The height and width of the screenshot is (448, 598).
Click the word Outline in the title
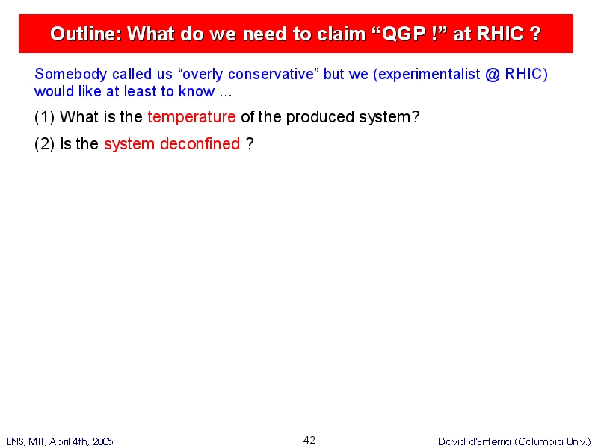tap(86, 34)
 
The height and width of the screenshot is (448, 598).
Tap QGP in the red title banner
tap(404, 34)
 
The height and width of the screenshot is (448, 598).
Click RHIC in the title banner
tap(499, 34)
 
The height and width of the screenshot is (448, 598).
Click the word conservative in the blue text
tap(271, 74)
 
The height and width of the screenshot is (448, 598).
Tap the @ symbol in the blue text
tap(493, 74)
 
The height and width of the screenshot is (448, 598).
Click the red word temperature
tap(192, 117)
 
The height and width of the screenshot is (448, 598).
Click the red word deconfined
tap(200, 144)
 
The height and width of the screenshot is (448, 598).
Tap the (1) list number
tap(45, 117)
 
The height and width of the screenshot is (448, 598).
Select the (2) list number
tap(45, 144)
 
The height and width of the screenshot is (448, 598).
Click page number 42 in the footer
tap(309, 440)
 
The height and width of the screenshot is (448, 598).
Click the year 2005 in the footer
tap(102, 441)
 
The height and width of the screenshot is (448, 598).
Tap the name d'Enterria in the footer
tap(489, 441)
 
